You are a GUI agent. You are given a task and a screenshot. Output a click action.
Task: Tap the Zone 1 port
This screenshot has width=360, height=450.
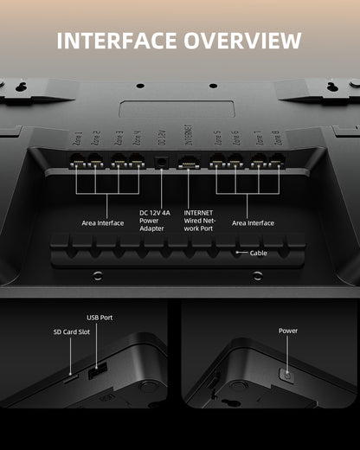coord(76,160)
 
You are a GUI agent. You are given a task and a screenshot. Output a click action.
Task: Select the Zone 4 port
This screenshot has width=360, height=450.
coord(135,160)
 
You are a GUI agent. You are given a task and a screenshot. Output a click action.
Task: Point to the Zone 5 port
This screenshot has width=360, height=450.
coord(217,160)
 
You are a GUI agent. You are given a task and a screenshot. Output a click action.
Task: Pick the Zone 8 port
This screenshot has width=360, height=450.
coord(277,160)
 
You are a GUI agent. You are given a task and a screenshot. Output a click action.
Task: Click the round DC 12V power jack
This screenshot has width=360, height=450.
coord(161,160)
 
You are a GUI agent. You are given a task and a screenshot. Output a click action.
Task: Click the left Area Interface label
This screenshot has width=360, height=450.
coord(103,222)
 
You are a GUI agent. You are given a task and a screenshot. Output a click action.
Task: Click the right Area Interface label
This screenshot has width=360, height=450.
coord(253,222)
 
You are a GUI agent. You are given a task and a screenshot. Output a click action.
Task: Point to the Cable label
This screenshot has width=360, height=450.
coord(259,254)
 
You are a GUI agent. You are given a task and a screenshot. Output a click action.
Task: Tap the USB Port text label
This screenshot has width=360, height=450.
coord(100,318)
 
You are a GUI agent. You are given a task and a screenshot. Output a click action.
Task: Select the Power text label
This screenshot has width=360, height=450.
coord(288,331)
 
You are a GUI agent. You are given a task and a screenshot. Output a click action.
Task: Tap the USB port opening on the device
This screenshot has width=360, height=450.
coord(98,370)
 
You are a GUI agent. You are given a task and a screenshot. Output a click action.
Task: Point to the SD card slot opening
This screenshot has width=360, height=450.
coord(69,378)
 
